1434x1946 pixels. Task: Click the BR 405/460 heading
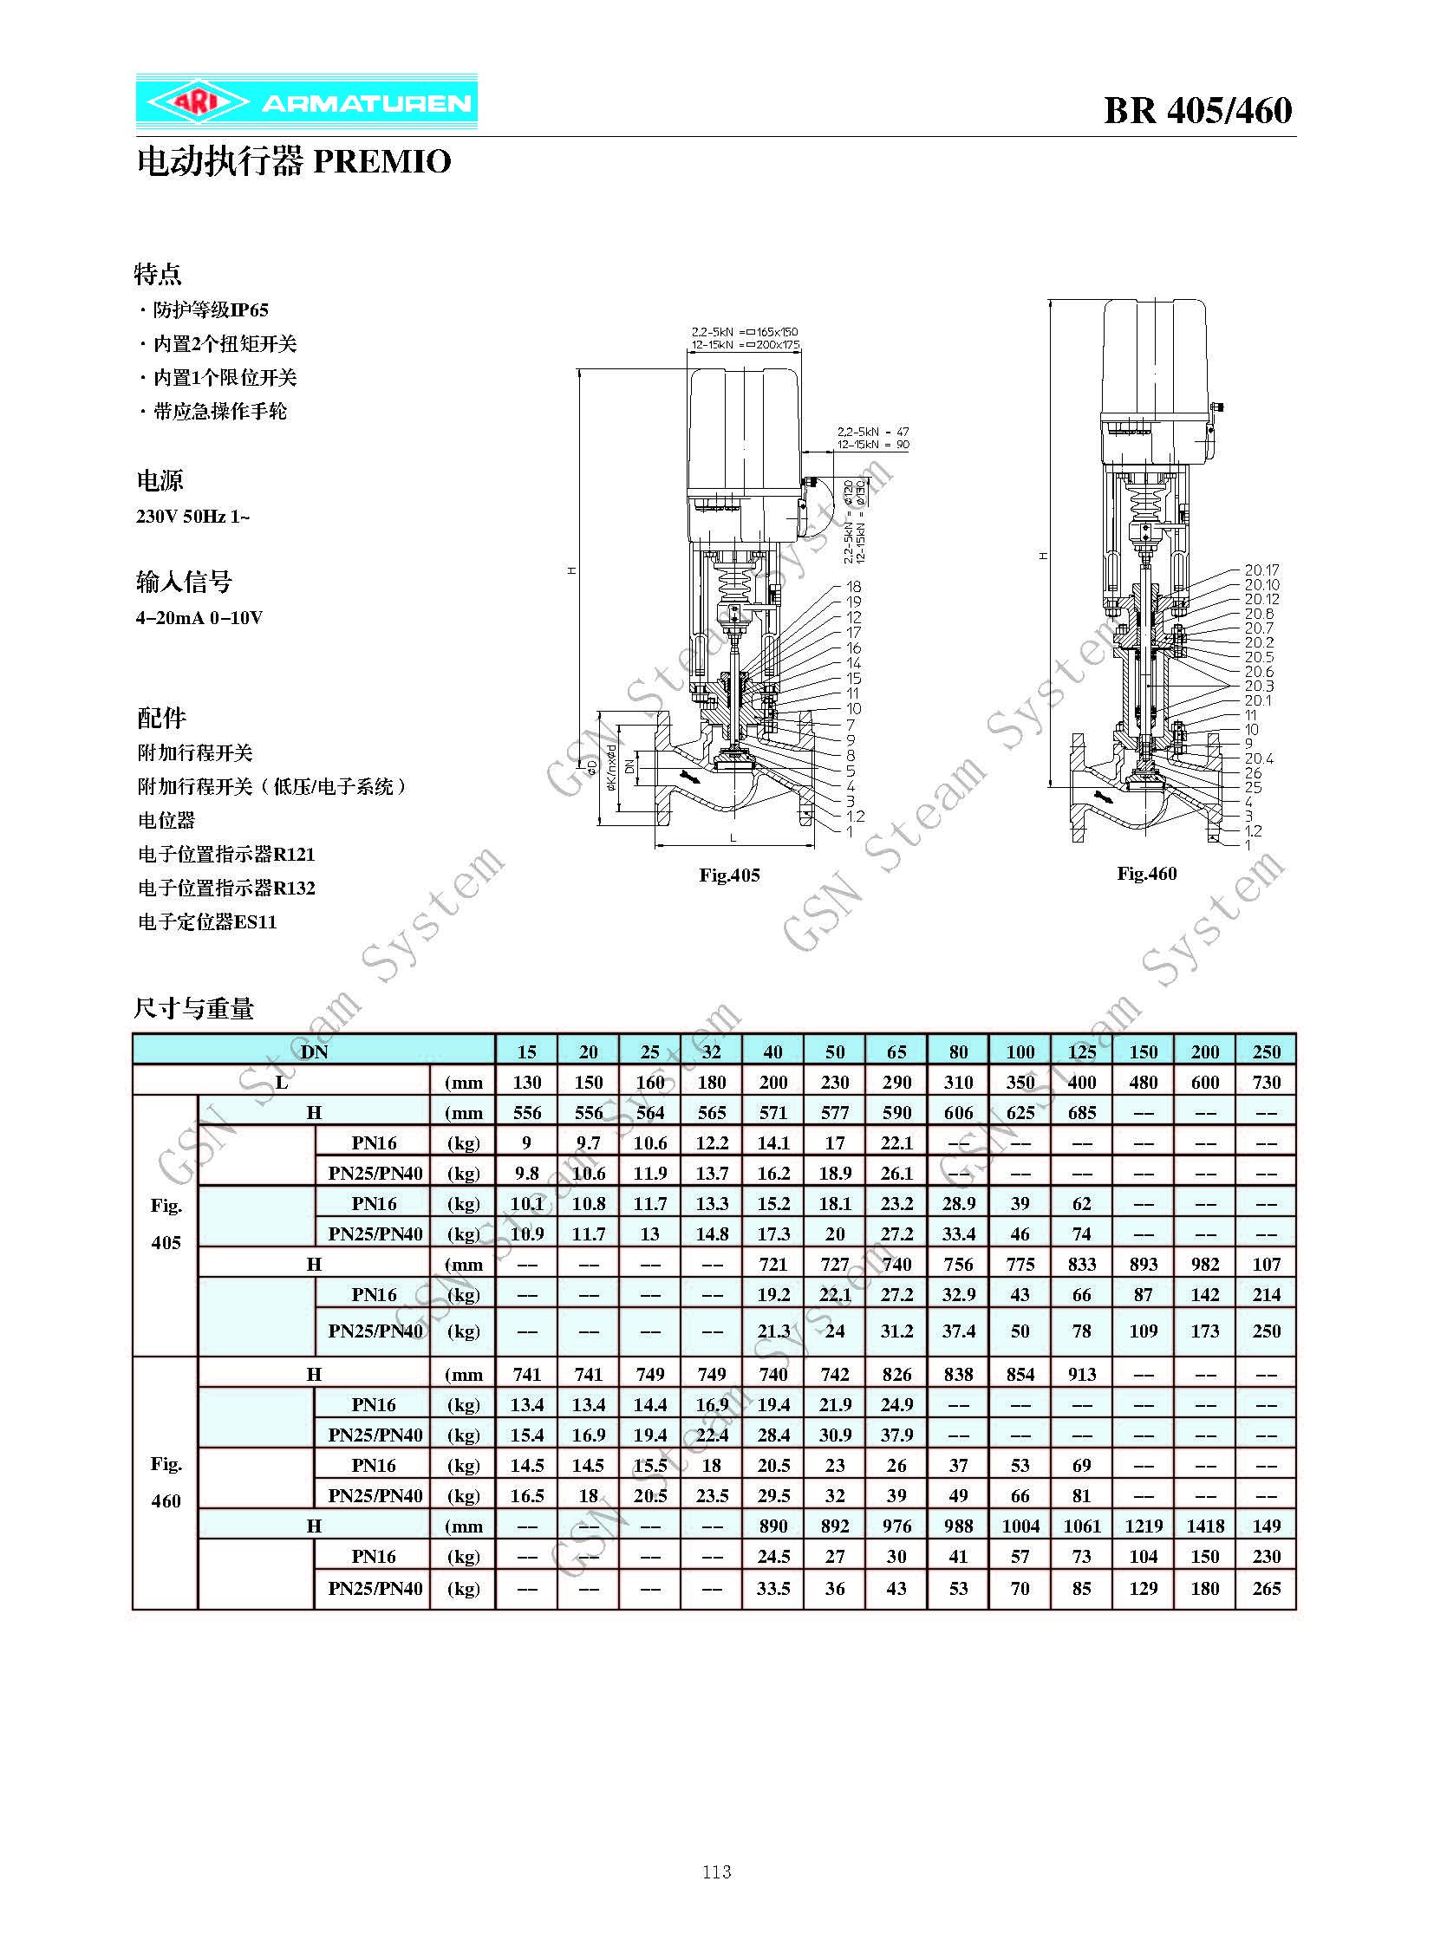[1198, 110]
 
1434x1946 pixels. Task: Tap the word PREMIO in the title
[382, 161]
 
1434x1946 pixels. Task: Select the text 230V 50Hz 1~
[192, 517]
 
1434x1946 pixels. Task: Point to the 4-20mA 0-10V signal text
[199, 618]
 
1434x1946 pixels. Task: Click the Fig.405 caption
[729, 875]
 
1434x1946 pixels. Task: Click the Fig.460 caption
[1147, 873]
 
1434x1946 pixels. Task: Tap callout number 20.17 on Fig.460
[1261, 570]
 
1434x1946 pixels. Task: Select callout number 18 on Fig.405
[854, 587]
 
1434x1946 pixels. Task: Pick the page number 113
[717, 1871]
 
